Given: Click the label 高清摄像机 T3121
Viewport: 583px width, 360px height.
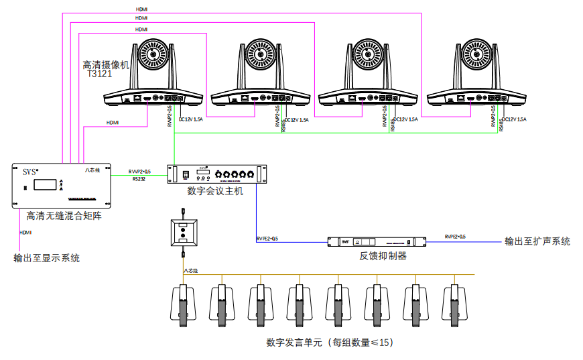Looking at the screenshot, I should point(105,70).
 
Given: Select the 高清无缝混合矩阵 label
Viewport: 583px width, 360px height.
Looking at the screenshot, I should point(64,217).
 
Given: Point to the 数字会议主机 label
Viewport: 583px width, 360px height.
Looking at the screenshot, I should point(215,191).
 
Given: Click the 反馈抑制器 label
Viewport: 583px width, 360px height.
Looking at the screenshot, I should point(383,255).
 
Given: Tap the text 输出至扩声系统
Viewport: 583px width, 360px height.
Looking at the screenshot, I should point(537,241).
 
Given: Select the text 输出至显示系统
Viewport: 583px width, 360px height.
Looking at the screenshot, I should point(46,257).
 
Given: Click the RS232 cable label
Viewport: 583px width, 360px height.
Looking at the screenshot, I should point(139,179).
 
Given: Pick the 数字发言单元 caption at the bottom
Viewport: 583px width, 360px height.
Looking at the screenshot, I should point(329,343).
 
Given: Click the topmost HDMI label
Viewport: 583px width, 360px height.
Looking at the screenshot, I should point(141,10).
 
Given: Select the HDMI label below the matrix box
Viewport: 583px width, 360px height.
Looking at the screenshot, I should point(26,232).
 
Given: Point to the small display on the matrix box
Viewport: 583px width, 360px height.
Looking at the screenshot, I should point(45,185).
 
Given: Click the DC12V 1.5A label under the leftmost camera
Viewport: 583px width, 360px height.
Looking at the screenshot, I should point(191,119).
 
